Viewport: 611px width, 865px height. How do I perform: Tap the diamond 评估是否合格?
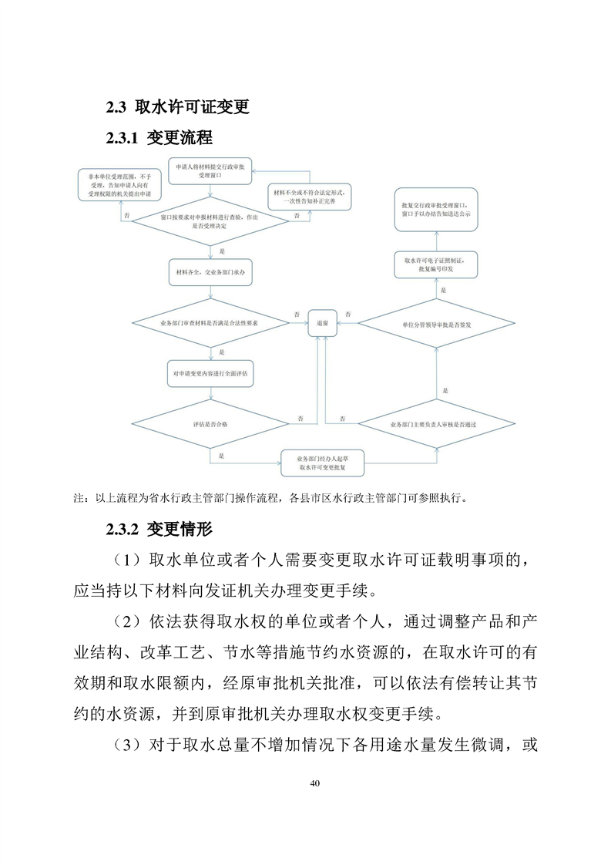210,425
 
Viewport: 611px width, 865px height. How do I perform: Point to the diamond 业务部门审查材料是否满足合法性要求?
210,325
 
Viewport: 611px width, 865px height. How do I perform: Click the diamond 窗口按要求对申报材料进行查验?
210,223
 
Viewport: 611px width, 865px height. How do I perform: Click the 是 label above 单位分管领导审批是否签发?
444,291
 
